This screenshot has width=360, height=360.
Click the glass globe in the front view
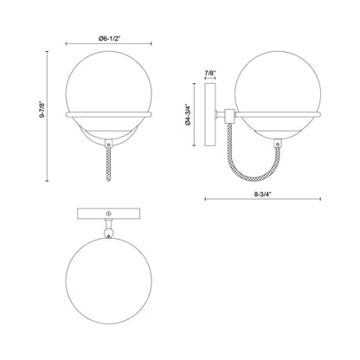point(109,83)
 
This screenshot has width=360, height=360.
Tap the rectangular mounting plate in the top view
point(108,214)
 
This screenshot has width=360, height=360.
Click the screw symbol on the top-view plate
point(108,214)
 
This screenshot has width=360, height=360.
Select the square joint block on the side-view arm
point(228,112)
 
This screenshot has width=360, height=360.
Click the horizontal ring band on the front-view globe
point(109,112)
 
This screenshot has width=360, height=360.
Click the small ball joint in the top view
point(108,231)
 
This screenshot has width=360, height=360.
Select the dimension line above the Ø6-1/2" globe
point(109,48)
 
